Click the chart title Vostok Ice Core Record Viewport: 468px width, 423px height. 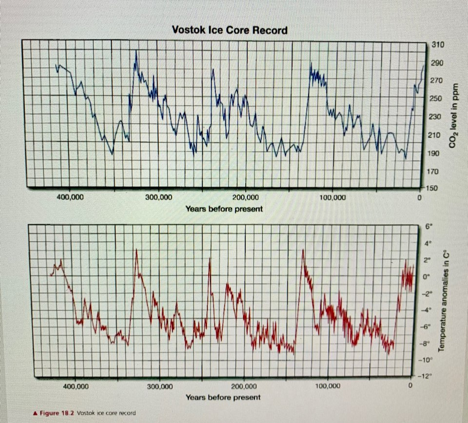tap(230, 30)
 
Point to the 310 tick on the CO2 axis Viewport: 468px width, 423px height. tap(437, 45)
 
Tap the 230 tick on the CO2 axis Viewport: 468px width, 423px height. tap(434, 117)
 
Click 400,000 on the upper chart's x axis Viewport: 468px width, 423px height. tap(71, 198)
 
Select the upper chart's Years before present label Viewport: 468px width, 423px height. tap(224, 209)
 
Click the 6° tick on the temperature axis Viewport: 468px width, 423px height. tap(429, 227)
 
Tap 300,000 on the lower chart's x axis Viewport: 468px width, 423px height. tap(159, 387)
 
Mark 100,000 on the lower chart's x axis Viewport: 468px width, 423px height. tap(328, 386)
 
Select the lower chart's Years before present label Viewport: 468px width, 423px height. tap(223, 397)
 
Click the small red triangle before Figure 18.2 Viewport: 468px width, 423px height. tap(35, 413)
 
